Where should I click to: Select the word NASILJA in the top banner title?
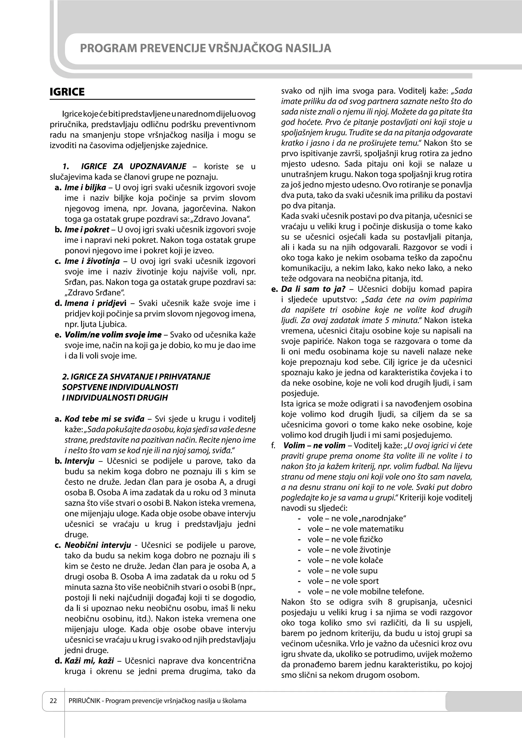click(x=308, y=48)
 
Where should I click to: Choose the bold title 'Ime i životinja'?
click(x=92, y=261)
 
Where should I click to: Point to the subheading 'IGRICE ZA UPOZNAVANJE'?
click(x=134, y=167)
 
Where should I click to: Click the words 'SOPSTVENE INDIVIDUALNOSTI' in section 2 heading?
click(x=120, y=387)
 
